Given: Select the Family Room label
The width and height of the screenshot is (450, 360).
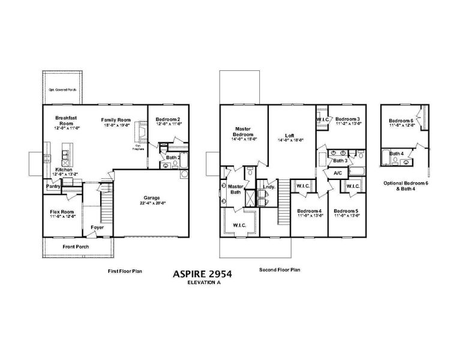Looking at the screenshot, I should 115,120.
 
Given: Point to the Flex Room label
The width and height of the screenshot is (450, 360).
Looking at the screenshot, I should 61,212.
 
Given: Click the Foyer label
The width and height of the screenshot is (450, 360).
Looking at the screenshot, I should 97,227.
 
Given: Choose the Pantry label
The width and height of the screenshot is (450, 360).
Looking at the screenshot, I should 54,186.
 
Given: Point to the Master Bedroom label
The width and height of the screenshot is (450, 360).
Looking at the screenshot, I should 244,131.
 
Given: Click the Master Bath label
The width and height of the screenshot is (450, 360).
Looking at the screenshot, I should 235,190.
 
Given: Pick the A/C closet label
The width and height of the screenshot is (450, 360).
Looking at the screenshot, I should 337,173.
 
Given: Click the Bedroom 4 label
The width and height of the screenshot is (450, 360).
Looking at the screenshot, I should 310,211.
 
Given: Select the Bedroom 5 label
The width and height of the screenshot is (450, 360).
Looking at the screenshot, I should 346,211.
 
